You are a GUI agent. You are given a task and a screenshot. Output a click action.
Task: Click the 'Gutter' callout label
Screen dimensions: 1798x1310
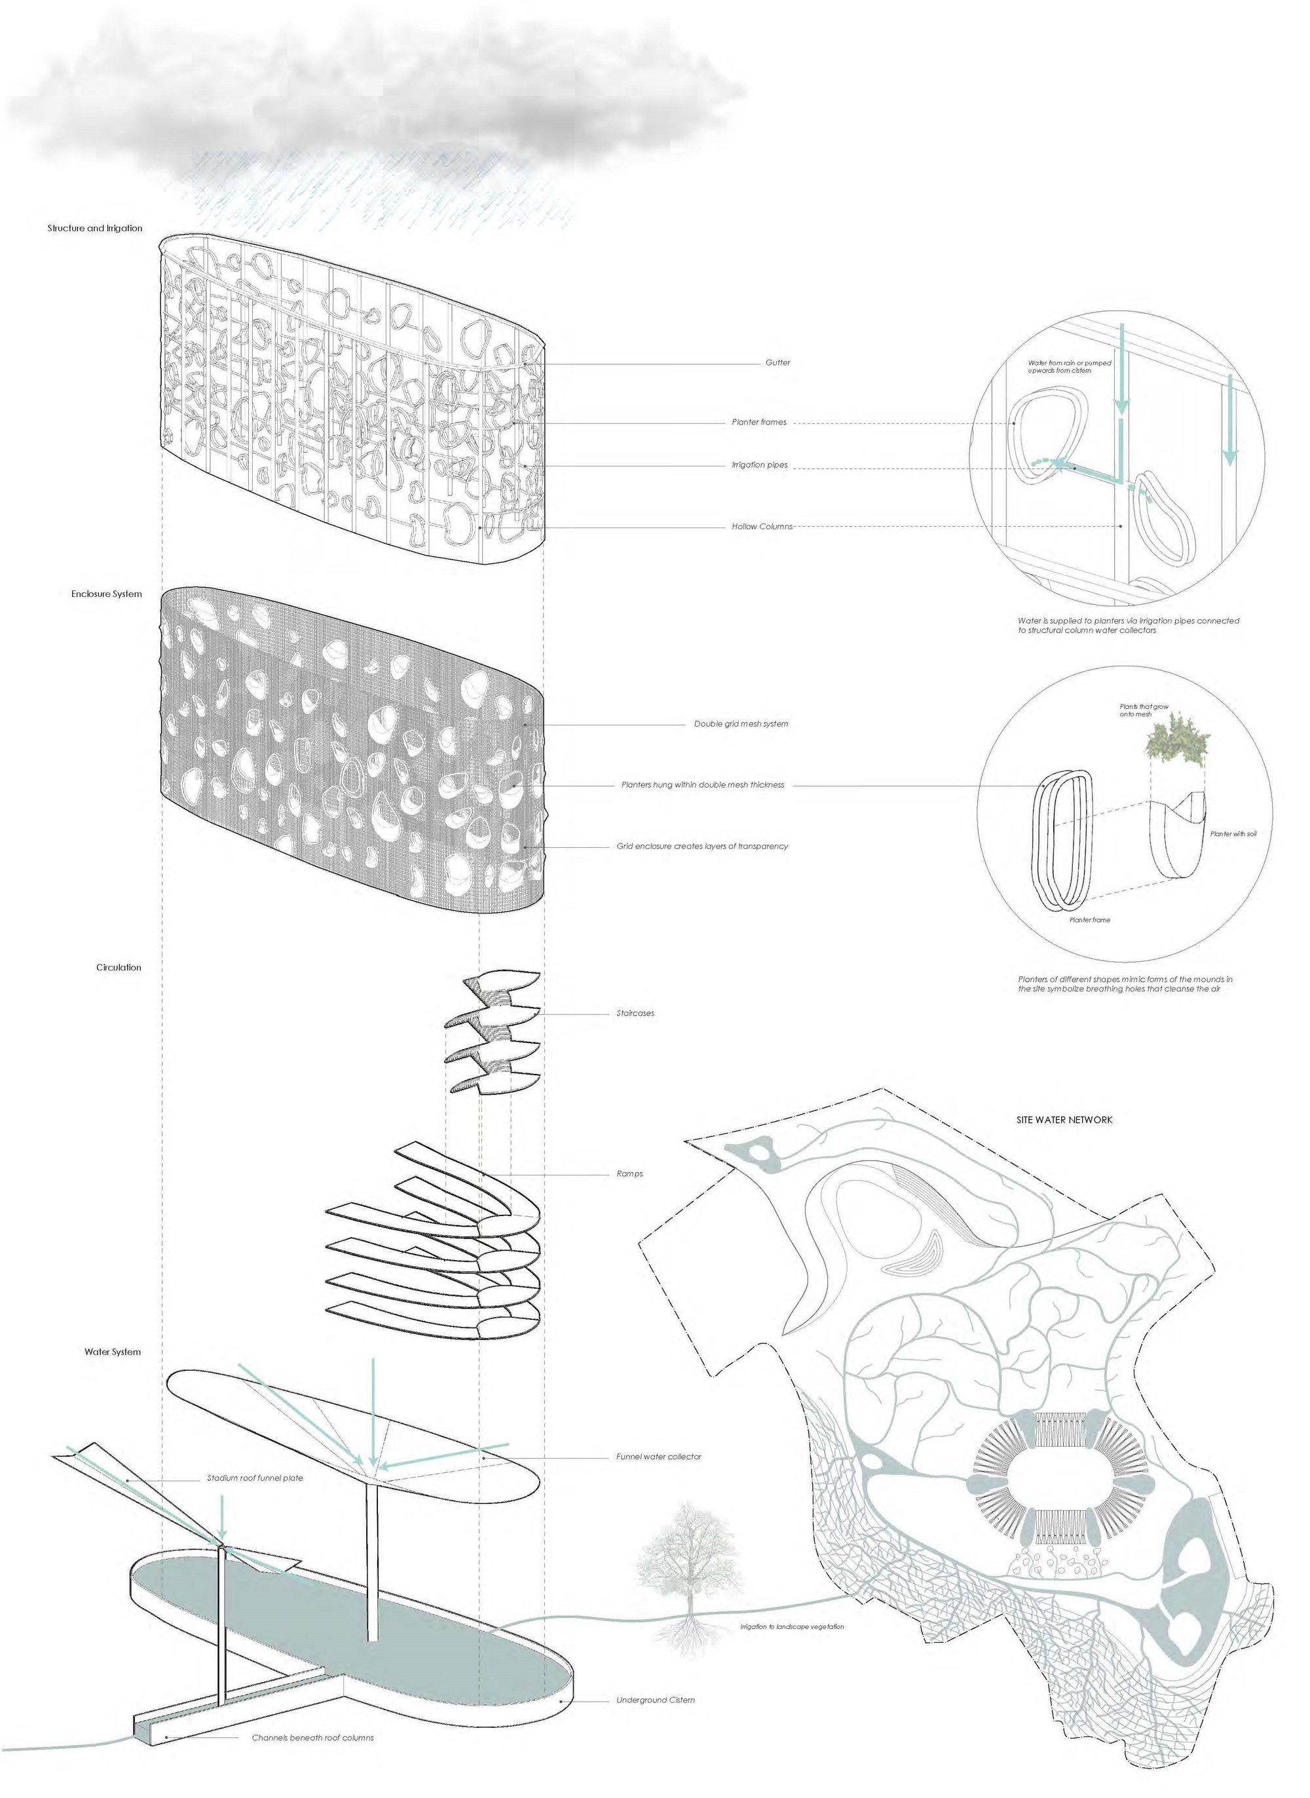tap(777, 362)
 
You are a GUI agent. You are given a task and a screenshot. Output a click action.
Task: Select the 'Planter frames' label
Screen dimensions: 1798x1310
tap(759, 422)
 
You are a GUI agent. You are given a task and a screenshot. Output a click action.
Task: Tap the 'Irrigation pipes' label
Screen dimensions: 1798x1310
tap(759, 465)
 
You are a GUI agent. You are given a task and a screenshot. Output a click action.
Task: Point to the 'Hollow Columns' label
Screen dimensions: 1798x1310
tap(761, 527)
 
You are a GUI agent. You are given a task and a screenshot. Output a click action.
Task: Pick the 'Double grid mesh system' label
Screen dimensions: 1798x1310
tap(741, 724)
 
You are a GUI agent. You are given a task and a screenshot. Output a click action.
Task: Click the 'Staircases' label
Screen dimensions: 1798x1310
tap(635, 1014)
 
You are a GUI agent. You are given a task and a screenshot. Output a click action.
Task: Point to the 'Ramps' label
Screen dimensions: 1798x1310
tap(629, 1174)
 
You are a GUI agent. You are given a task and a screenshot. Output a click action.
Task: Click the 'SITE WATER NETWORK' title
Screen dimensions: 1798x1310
tap(1064, 1120)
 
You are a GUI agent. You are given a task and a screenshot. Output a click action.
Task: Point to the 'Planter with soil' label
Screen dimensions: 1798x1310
tap(1232, 834)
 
